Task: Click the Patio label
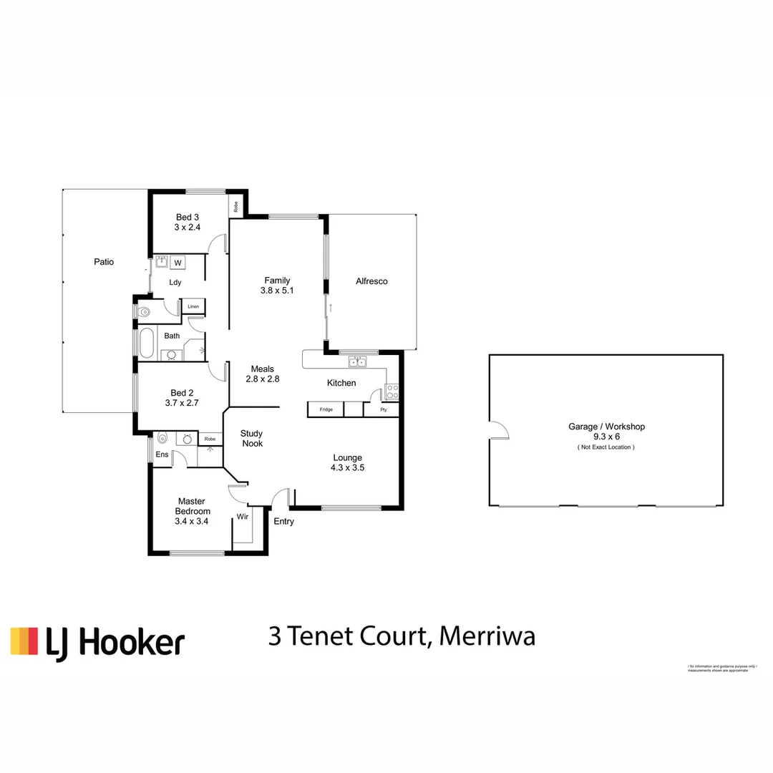(x=104, y=262)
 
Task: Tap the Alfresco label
(x=371, y=281)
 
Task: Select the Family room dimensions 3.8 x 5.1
(x=277, y=291)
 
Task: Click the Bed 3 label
(x=188, y=217)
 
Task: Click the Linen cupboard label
(x=193, y=307)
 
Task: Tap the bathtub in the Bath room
(x=146, y=343)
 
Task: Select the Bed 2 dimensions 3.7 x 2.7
(x=182, y=403)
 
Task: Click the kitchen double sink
(x=358, y=361)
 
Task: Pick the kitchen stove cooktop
(x=392, y=391)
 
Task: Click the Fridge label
(x=326, y=409)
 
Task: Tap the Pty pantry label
(x=384, y=410)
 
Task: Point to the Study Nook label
(x=251, y=438)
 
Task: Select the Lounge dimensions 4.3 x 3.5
(x=347, y=468)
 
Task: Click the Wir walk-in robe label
(x=243, y=516)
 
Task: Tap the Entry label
(x=283, y=521)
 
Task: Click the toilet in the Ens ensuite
(x=162, y=438)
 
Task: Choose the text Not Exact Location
(x=606, y=447)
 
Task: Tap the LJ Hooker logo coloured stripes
(x=24, y=641)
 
